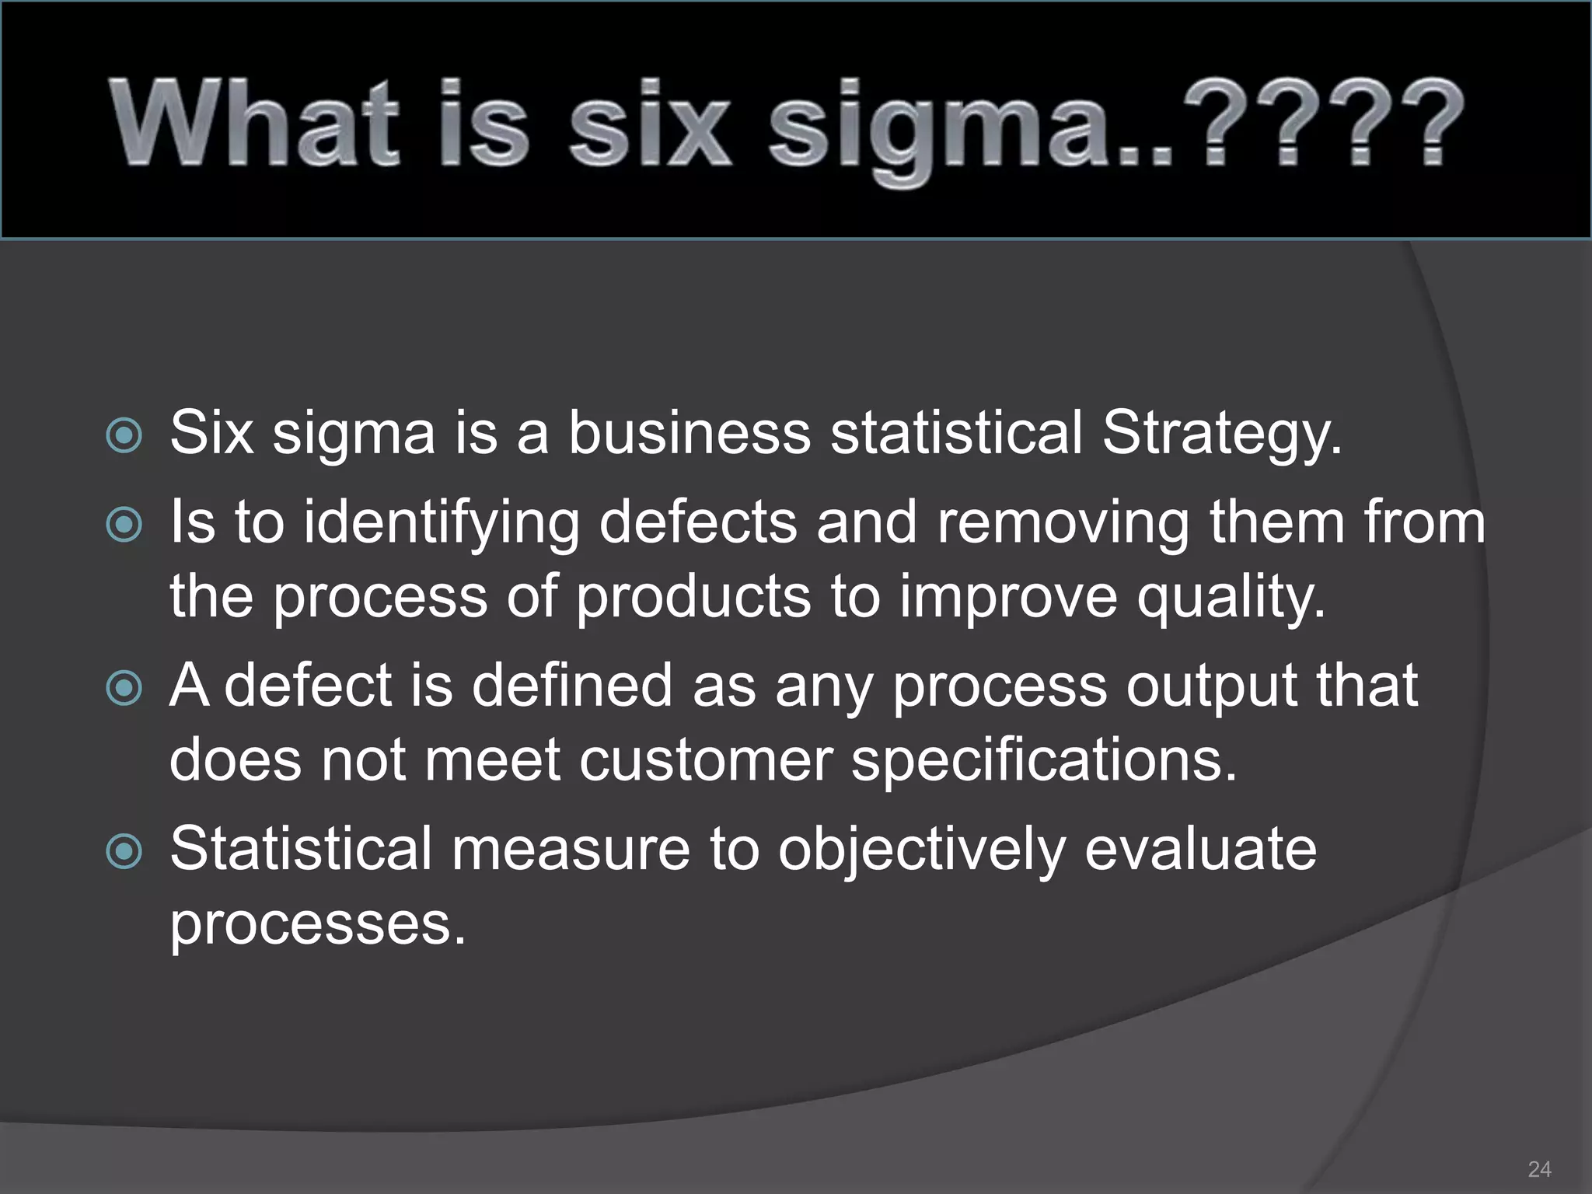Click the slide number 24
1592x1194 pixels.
coord(1539,1169)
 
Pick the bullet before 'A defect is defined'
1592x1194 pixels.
coord(124,688)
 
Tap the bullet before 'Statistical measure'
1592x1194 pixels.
coord(124,851)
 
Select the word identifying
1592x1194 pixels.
coord(442,524)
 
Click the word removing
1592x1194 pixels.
coord(1063,522)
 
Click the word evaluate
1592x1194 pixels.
coord(1200,849)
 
